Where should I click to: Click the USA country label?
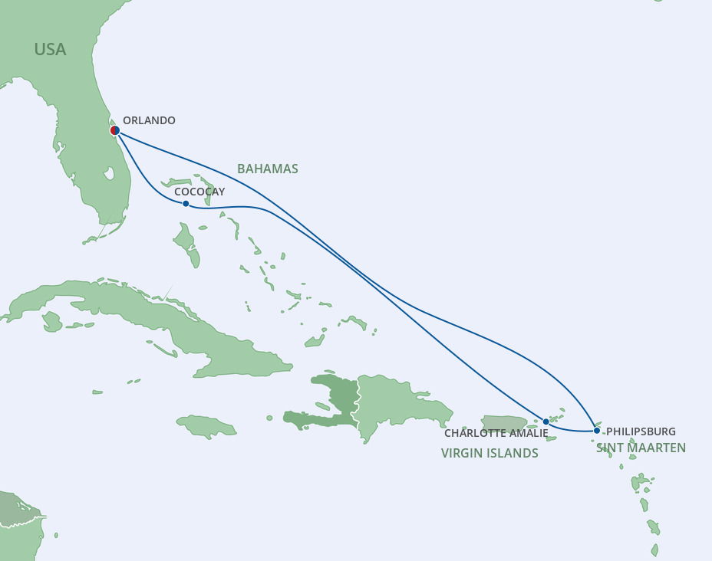[x=50, y=50]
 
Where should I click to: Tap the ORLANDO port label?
[x=149, y=120]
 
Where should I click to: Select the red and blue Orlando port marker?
[x=114, y=130]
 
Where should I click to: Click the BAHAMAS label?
[x=267, y=169]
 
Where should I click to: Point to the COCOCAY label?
[x=199, y=192]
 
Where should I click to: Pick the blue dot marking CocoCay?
[x=186, y=204]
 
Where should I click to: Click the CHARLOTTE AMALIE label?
[x=496, y=434]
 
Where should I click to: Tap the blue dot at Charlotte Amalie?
[x=546, y=422]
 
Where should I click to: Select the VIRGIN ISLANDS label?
[x=489, y=453]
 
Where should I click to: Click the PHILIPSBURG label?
[x=641, y=432]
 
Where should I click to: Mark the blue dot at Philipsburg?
[x=597, y=431]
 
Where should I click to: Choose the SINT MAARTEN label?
[x=641, y=448]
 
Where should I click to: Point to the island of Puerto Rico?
[x=504, y=423]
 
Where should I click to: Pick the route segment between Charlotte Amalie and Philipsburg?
[x=572, y=430]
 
